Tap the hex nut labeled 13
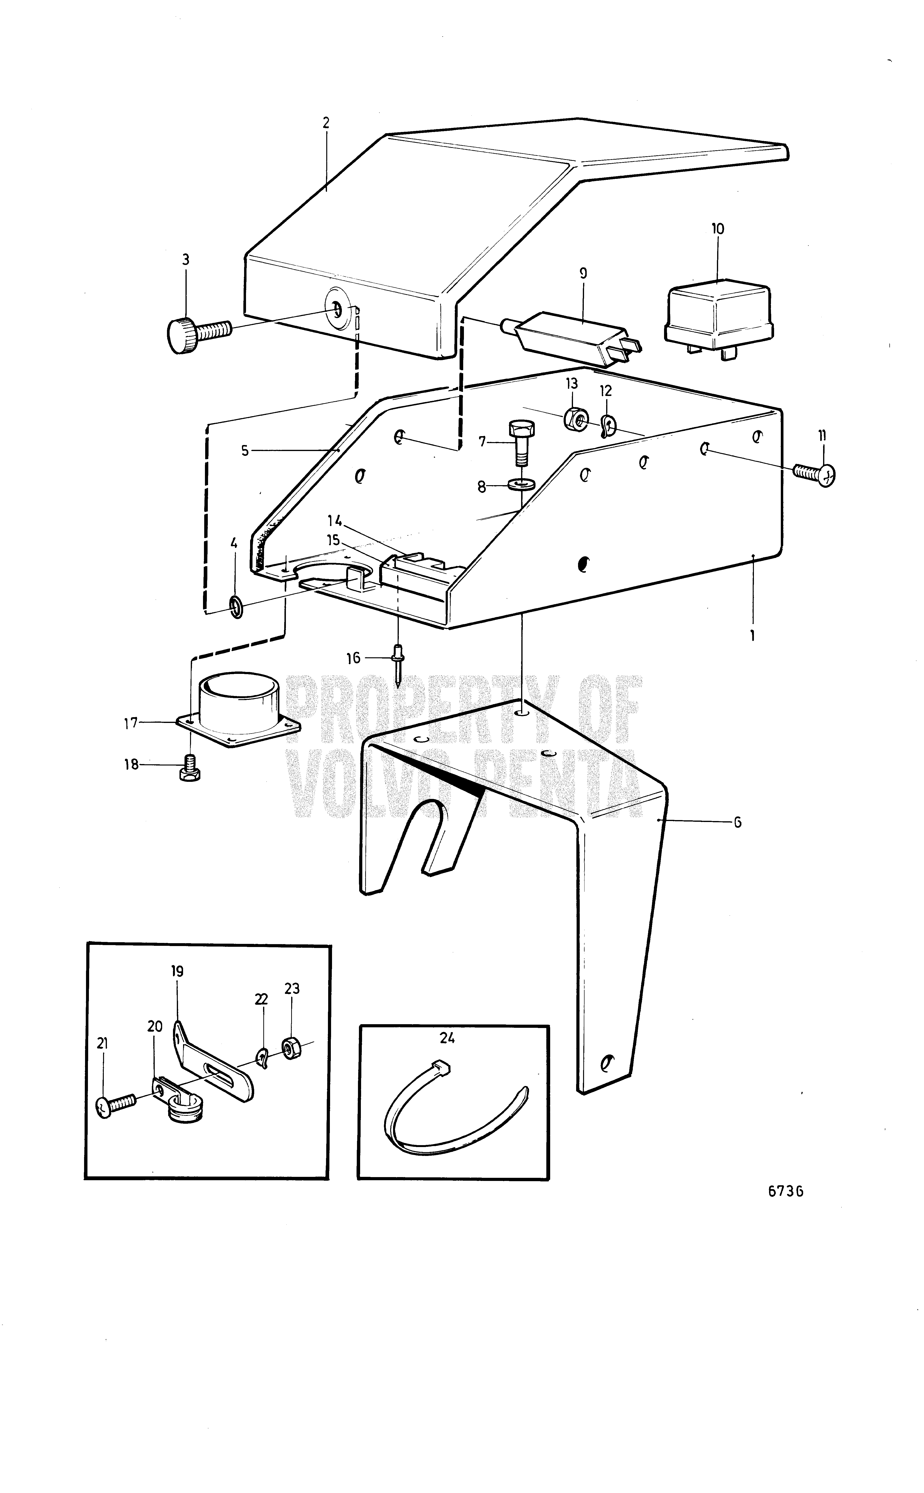tap(574, 419)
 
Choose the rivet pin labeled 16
tap(398, 664)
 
